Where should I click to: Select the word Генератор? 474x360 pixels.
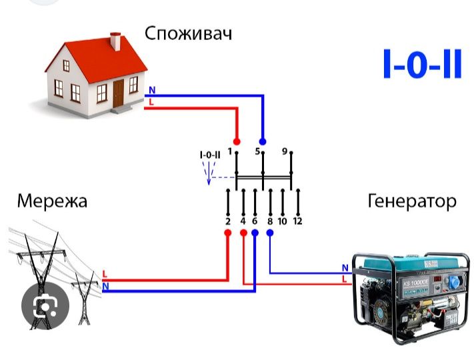pyautogui.click(x=412, y=201)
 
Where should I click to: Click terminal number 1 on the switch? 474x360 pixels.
pyautogui.click(x=230, y=152)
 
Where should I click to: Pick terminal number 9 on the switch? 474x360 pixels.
pyautogui.click(x=285, y=152)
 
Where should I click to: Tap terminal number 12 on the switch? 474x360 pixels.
pyautogui.click(x=297, y=221)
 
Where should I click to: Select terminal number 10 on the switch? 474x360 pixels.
pyautogui.click(x=282, y=221)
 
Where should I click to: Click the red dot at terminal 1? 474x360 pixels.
pyautogui.click(x=237, y=142)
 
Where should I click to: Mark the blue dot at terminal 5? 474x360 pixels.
pyautogui.click(x=263, y=142)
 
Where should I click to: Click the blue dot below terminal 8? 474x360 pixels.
pyautogui.click(x=270, y=233)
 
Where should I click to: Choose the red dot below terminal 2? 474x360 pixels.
pyautogui.click(x=227, y=233)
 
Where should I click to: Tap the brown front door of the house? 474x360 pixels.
pyautogui.click(x=119, y=93)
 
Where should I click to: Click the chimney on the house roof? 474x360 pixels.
pyautogui.click(x=115, y=42)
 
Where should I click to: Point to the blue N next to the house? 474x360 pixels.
pyautogui.click(x=151, y=90)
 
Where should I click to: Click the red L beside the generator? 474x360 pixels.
pyautogui.click(x=344, y=279)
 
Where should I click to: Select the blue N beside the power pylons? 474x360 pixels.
pyautogui.click(x=105, y=287)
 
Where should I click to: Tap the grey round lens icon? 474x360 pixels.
pyautogui.click(x=44, y=307)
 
